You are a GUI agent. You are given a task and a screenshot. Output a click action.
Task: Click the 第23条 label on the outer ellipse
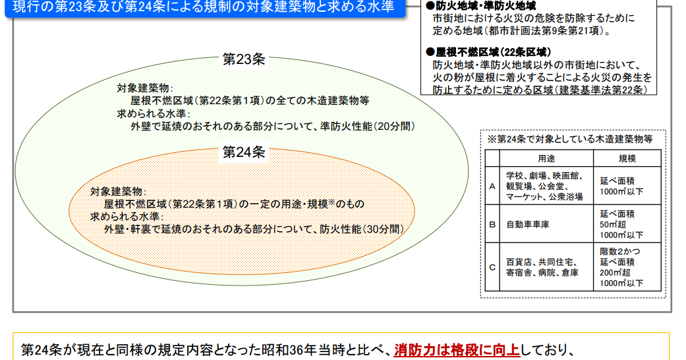pyautogui.click(x=243, y=59)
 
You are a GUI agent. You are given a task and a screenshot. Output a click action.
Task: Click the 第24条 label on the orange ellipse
pyautogui.click(x=243, y=152)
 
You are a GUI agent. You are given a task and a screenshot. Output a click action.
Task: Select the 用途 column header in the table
pyautogui.click(x=546, y=159)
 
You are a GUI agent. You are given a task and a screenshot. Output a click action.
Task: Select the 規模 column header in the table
pyautogui.click(x=627, y=159)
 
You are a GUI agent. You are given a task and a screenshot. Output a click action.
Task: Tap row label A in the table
pyautogui.click(x=492, y=186)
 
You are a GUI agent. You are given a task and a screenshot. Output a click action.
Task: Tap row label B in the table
pyautogui.click(x=492, y=224)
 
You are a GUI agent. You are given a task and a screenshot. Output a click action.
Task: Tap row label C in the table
pyautogui.click(x=492, y=267)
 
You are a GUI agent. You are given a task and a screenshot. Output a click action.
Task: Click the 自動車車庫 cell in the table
pyautogui.click(x=527, y=224)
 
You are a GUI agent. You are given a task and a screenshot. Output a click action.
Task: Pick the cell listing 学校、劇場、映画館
pyautogui.click(x=544, y=186)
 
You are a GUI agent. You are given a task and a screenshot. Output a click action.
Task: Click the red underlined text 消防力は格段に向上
pyautogui.click(x=457, y=349)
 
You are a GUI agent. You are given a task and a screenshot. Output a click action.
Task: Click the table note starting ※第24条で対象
pyautogui.click(x=570, y=139)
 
